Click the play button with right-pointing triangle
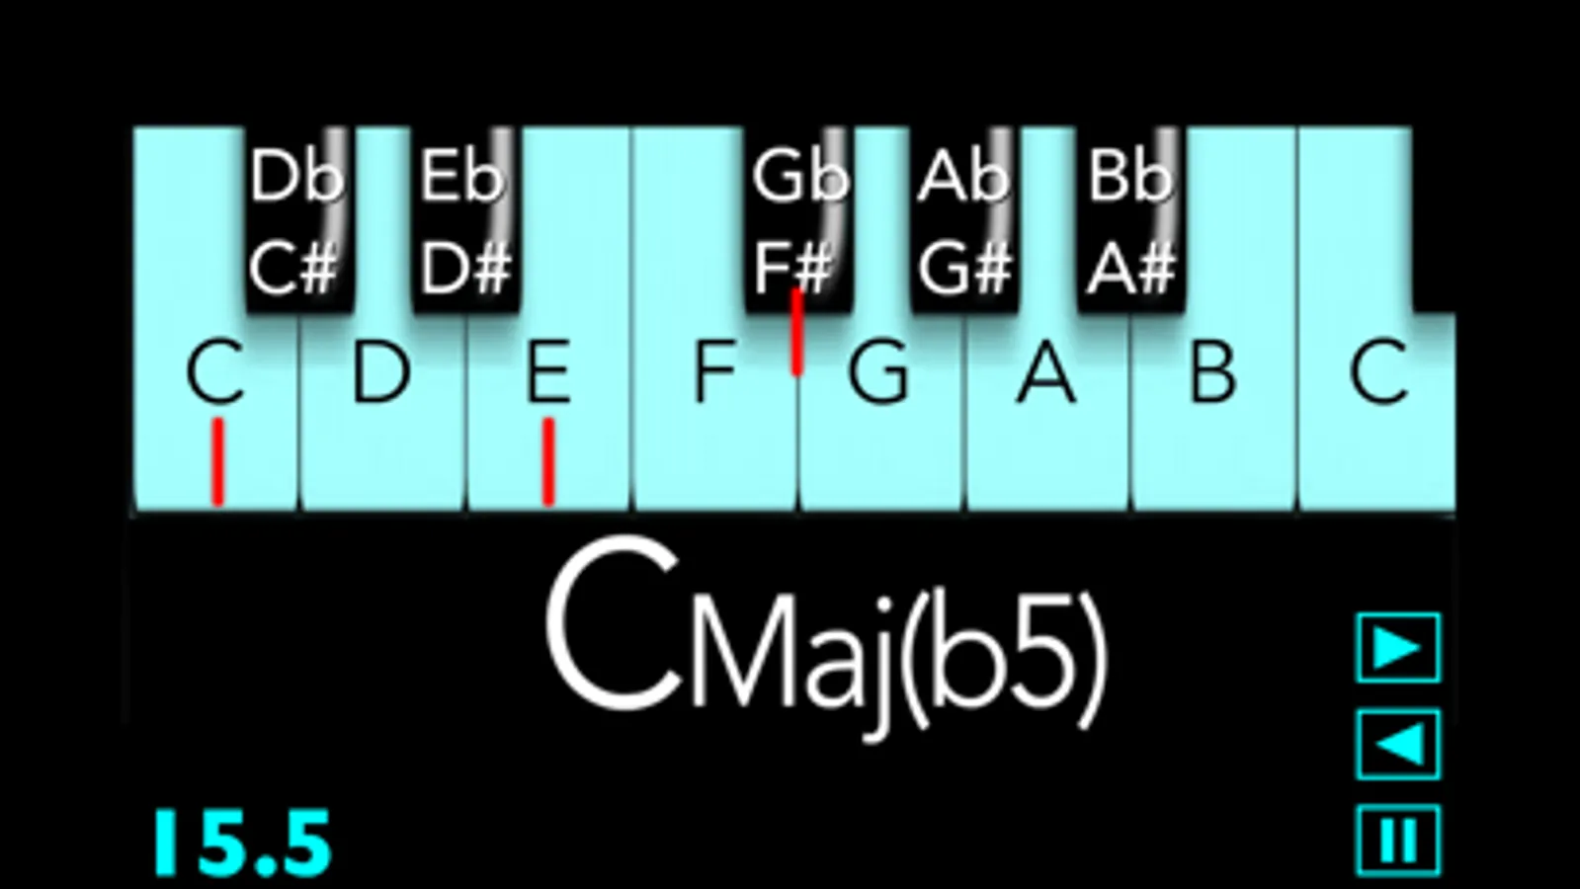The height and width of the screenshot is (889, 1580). (1399, 648)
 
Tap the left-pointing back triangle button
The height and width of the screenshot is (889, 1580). (1399, 745)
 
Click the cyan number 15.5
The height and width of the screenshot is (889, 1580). (243, 844)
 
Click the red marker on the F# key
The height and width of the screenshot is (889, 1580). (797, 331)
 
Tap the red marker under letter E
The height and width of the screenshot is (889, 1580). (548, 461)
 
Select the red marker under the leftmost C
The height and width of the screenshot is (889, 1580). (218, 461)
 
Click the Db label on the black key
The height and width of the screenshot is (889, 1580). (297, 176)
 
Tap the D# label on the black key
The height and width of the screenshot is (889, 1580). (465, 268)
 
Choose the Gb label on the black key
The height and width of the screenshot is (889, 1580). (799, 176)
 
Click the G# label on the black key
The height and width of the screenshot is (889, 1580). (965, 268)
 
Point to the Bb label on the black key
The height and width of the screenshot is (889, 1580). (1130, 176)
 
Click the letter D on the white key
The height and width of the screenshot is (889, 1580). (380, 371)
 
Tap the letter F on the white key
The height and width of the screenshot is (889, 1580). (714, 371)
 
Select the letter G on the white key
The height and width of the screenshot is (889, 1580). (878, 371)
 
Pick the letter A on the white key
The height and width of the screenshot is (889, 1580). (1046, 371)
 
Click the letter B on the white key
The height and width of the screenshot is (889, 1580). (1213, 371)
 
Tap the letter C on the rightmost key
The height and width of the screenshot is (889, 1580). (1378, 371)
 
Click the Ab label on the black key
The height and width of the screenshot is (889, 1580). (962, 176)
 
